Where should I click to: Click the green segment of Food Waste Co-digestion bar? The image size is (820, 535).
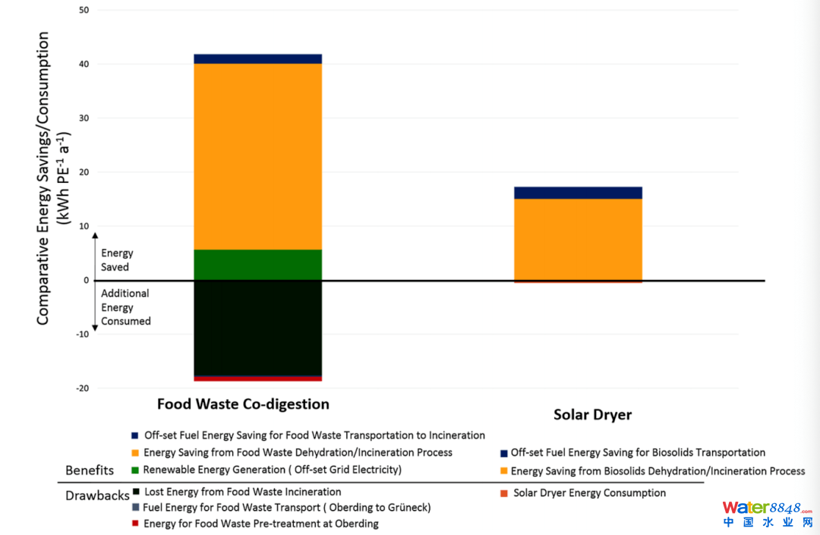coord(258,265)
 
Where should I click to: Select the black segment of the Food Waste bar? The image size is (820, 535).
coord(258,327)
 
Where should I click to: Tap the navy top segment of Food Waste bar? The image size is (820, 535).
coord(258,58)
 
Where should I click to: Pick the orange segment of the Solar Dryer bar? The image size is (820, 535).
coord(578,240)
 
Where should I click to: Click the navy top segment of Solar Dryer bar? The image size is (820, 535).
coord(578,193)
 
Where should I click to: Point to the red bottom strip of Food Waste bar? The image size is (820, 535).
coord(258,378)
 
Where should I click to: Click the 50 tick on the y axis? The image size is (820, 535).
coord(84,10)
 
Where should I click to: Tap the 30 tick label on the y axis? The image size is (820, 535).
coord(84,118)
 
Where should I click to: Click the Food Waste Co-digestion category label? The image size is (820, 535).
coord(243,404)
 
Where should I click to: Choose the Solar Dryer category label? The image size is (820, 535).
coord(592,415)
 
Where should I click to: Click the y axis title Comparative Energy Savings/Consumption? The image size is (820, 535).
coord(44,178)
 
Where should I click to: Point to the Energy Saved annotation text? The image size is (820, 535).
coord(116,260)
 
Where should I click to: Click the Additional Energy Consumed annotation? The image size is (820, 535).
coord(126,307)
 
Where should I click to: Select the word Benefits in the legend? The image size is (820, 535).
coord(90,470)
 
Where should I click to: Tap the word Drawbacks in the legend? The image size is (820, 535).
coord(96,496)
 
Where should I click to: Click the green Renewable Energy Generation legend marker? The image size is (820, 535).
coord(135,470)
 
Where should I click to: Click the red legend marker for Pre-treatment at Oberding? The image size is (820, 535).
coord(135,524)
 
